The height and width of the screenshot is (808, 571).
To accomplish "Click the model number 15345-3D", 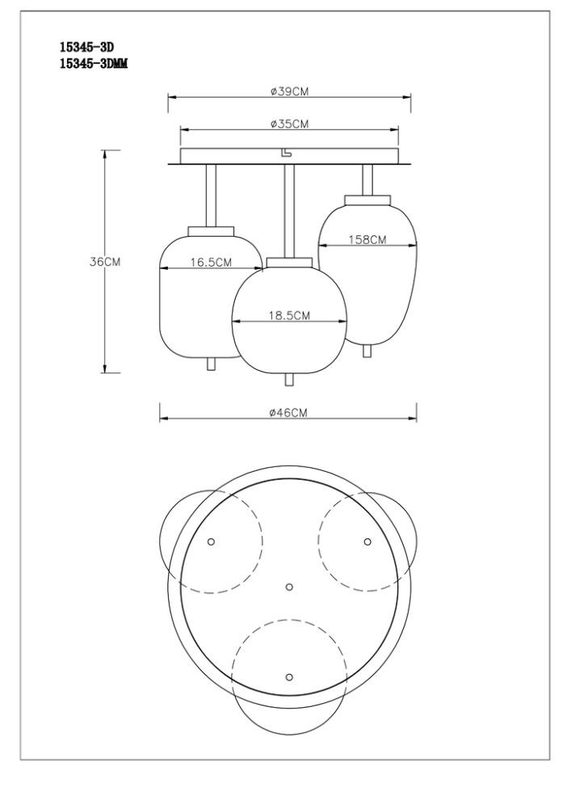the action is point(86,48).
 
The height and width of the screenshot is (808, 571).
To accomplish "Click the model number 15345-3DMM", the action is point(94,63).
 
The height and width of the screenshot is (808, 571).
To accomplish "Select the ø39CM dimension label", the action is point(289,92).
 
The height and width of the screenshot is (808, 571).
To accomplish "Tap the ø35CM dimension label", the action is point(289,124).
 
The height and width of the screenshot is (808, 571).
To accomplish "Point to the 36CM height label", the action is point(105,261).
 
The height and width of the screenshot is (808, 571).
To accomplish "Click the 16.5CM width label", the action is point(211,263).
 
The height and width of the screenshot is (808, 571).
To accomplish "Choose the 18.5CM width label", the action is point(289,315).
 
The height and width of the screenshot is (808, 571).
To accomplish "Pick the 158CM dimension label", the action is point(367,240).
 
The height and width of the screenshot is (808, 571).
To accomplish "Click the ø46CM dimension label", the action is point(288,412).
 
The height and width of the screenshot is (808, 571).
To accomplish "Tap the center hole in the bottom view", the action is point(289,587).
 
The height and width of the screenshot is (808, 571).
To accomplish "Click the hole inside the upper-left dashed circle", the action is point(211,541).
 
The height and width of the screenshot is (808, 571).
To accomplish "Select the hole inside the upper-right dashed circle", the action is point(367,541).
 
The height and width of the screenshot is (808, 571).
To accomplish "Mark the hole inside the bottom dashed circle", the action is point(289,676).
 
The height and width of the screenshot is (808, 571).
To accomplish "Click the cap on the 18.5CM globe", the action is point(289,263).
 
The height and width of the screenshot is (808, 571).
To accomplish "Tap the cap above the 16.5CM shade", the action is point(211,231).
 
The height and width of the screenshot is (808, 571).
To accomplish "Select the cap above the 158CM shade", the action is point(367,200).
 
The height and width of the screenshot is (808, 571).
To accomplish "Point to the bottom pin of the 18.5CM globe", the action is point(289,380).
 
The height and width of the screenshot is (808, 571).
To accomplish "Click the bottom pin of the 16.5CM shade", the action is point(211,364).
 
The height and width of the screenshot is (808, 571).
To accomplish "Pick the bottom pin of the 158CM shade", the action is point(367,351).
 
